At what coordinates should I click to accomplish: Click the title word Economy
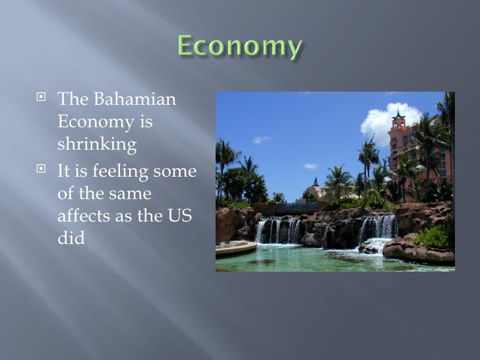tap(240, 48)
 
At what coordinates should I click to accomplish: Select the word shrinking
tap(97, 144)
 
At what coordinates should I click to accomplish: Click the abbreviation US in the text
tap(181, 216)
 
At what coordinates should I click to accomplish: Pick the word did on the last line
tap(71, 238)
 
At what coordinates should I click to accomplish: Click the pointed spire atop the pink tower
tap(398, 113)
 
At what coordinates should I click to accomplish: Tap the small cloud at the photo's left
tap(262, 139)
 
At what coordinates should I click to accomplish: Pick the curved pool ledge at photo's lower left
tap(235, 249)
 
